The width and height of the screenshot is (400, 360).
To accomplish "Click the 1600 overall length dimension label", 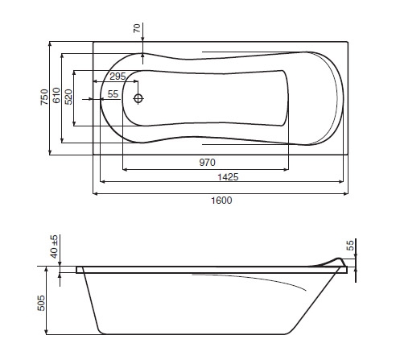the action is coord(221,201).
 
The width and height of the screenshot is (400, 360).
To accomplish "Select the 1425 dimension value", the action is coord(228,177).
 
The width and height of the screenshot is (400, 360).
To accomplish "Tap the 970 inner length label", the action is coord(207,163).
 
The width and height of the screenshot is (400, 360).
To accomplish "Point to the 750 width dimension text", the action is coord(44,97).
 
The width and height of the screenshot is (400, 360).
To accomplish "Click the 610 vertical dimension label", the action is coord(56,95).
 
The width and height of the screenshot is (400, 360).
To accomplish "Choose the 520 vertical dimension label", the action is coord(68,97).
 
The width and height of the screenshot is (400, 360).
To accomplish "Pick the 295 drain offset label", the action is coord(118,77).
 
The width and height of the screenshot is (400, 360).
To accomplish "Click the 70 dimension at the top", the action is coord(137,28).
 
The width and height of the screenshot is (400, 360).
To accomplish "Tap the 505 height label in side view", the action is coord(41,303).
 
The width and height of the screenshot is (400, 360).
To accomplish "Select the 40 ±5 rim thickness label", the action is coord(54,246).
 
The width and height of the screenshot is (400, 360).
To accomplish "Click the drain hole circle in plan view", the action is coord(138,98).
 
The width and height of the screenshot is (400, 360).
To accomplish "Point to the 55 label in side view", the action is coord(350,246).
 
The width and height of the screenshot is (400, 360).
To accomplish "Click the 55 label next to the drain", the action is coord(113,94).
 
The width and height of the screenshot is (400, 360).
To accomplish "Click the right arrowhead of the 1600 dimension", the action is coord(346,193).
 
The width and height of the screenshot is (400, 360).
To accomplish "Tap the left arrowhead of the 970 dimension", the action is coord(125,169).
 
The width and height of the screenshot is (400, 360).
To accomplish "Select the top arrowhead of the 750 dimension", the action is coord(50,44).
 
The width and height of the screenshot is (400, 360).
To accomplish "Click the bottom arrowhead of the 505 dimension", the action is coord(46,332).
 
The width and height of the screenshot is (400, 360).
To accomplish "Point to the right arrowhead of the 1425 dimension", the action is coord(341,182).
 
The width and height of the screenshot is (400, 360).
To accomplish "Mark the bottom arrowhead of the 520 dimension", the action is coord(74,123).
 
